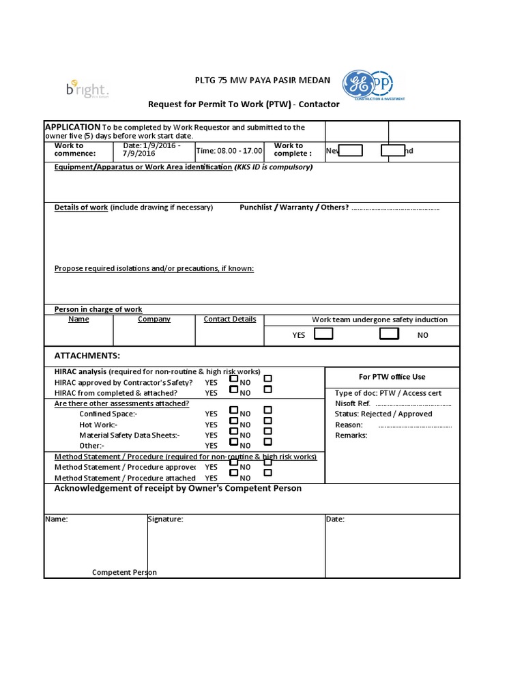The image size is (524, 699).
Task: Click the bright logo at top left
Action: coord(87,89)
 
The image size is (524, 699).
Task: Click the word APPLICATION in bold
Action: coord(72,127)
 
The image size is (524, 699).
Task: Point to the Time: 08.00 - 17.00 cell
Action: coord(229,150)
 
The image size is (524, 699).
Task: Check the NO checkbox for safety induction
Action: coord(389,333)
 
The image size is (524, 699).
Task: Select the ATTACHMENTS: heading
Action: coord(87,356)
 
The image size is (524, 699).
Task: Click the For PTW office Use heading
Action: coord(392,377)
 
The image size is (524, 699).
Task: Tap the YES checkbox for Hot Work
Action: coord(234,420)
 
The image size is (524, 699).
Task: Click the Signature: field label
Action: coord(166,519)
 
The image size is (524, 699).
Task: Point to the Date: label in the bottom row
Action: coord(335,519)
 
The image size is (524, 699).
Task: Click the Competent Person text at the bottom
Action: coord(124,572)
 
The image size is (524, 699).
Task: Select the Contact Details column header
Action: coord(230,319)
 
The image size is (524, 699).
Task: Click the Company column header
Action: coord(154,319)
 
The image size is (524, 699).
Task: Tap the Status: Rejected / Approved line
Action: coord(383,414)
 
